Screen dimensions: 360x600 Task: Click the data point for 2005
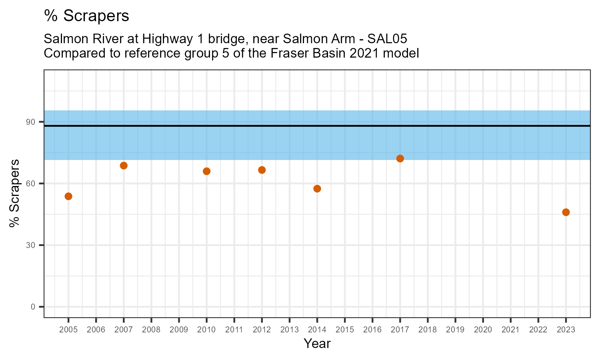(x=68, y=196)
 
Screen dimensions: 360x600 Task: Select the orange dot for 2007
(x=124, y=166)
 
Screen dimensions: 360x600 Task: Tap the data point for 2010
(x=206, y=171)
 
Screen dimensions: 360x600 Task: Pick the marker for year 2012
(x=262, y=170)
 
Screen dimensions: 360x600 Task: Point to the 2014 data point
(x=317, y=189)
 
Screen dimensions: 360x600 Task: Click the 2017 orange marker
(x=400, y=158)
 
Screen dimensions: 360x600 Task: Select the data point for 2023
(x=566, y=212)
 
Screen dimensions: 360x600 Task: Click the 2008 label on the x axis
(x=151, y=330)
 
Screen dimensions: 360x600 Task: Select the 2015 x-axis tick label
(x=345, y=330)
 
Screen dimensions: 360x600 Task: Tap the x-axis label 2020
(x=483, y=330)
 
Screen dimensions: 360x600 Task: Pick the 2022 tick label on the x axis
(x=538, y=330)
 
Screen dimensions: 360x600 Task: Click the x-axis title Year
(x=317, y=344)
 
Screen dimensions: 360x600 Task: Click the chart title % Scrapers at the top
(x=86, y=16)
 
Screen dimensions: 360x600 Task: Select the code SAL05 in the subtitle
(x=390, y=39)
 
